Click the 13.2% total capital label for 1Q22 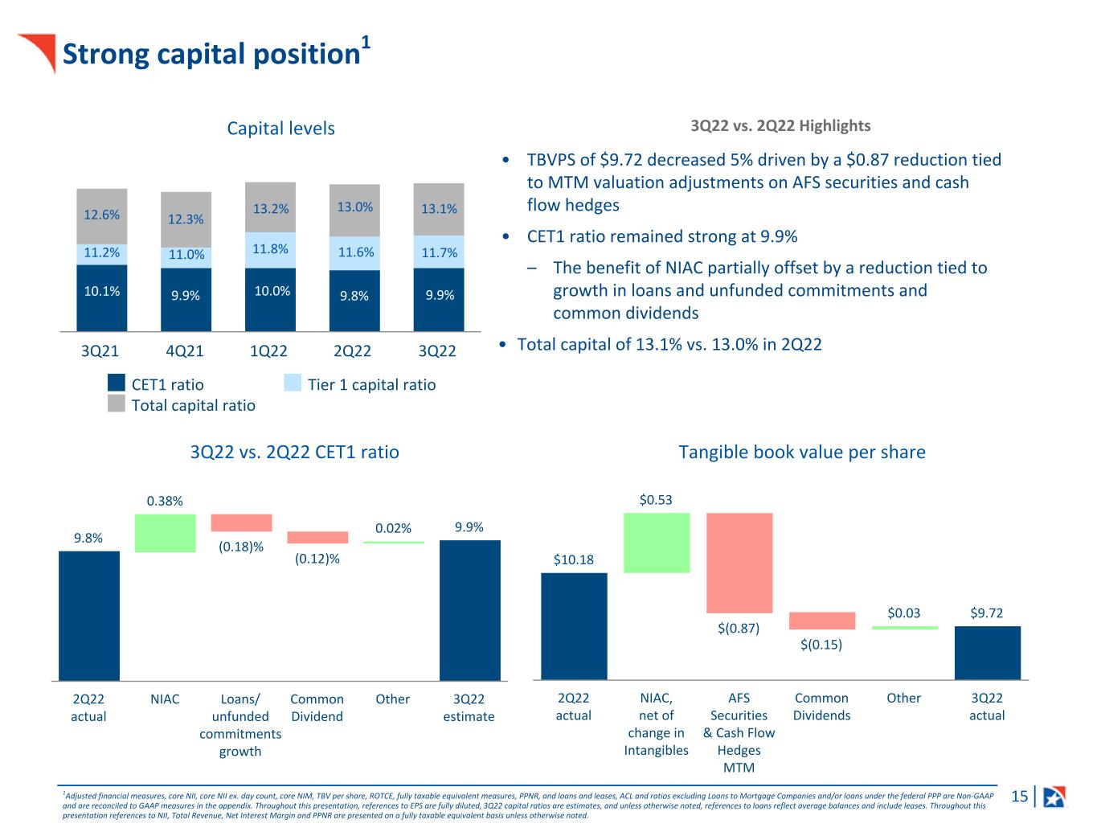coord(271,209)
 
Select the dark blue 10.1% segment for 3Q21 coord(102,297)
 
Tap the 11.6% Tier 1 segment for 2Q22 coord(354,252)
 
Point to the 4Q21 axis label coord(184,351)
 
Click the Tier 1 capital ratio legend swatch coord(293,383)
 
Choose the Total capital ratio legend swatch coord(117,404)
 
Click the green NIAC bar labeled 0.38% coord(166,533)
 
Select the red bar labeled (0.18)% coord(241,522)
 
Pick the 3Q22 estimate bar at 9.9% coord(469,610)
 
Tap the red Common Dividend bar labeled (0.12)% coord(317,538)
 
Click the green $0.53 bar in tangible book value coord(657,543)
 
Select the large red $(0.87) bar coord(739,563)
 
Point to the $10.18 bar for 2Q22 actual coord(574,626)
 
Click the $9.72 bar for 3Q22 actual coord(987,653)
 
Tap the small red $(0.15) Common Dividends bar coord(822,621)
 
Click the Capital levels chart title coord(280,129)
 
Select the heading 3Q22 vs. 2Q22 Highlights coord(780,126)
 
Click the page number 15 coord(1019,797)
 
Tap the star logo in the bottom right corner coord(1054,797)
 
